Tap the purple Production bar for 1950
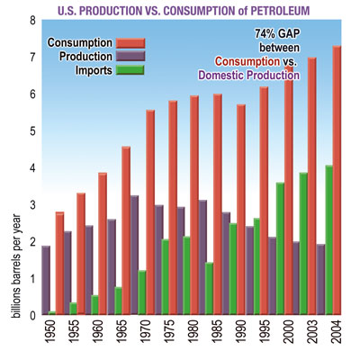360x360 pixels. click(x=46, y=280)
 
